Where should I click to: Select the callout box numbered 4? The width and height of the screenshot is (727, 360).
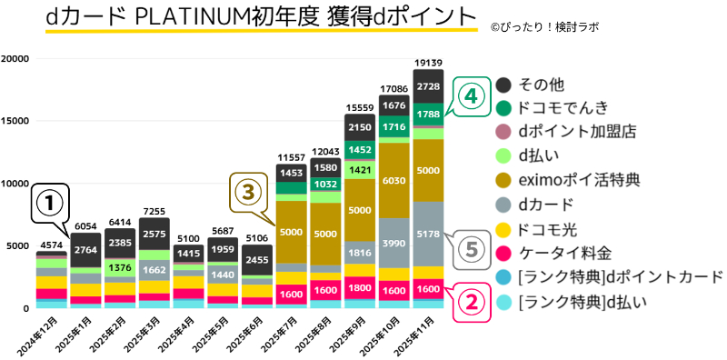468,96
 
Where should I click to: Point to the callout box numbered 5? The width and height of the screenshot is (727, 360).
468,249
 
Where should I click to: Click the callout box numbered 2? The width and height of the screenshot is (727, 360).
469,299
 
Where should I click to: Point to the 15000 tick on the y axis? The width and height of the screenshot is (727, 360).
15,121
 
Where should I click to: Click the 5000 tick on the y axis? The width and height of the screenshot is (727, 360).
18,246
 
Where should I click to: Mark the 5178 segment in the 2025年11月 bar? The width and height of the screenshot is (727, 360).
428,234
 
